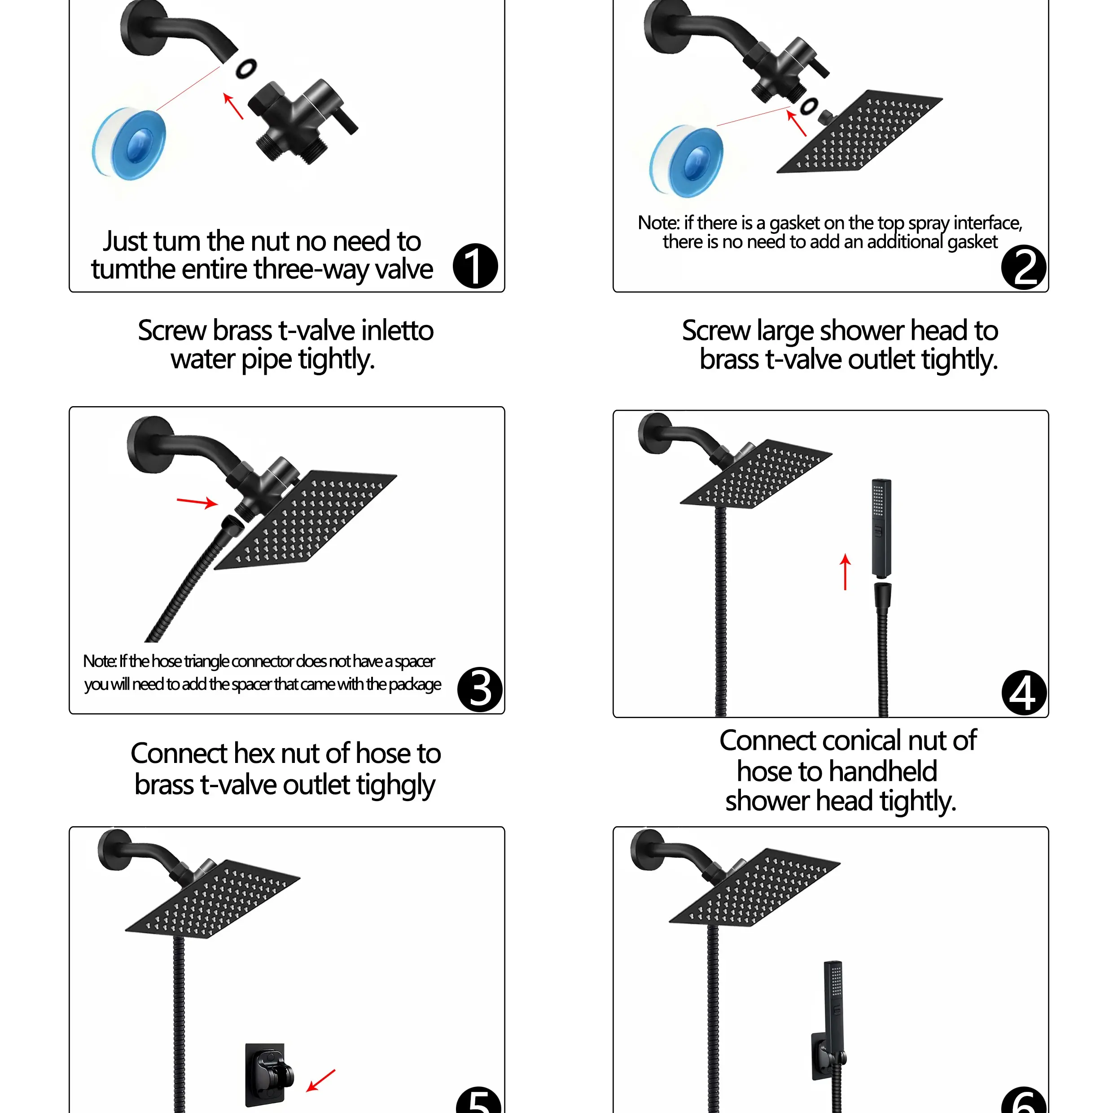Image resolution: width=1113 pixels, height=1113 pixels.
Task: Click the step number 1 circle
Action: point(475,266)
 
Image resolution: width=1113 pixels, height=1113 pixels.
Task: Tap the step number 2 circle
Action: point(1024,267)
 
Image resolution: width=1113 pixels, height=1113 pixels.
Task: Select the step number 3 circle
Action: point(480,690)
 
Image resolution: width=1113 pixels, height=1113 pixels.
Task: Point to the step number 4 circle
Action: point(1024,693)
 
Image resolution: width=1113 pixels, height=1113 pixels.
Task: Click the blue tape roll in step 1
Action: point(129,144)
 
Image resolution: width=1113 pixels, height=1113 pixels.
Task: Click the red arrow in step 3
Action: point(197,502)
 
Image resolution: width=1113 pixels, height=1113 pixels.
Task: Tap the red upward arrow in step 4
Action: point(845,571)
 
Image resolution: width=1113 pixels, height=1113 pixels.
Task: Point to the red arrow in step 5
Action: point(320,1080)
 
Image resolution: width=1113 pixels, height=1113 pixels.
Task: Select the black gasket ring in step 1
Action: point(246,68)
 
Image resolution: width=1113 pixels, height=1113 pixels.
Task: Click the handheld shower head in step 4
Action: point(881,528)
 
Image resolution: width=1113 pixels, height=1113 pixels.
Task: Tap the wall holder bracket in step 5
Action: point(267,1075)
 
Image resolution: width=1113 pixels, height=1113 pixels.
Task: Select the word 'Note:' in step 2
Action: point(658,223)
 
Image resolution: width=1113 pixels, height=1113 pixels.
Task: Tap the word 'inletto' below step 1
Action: point(398,331)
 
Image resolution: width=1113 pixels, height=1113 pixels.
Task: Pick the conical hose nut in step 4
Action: point(882,596)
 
